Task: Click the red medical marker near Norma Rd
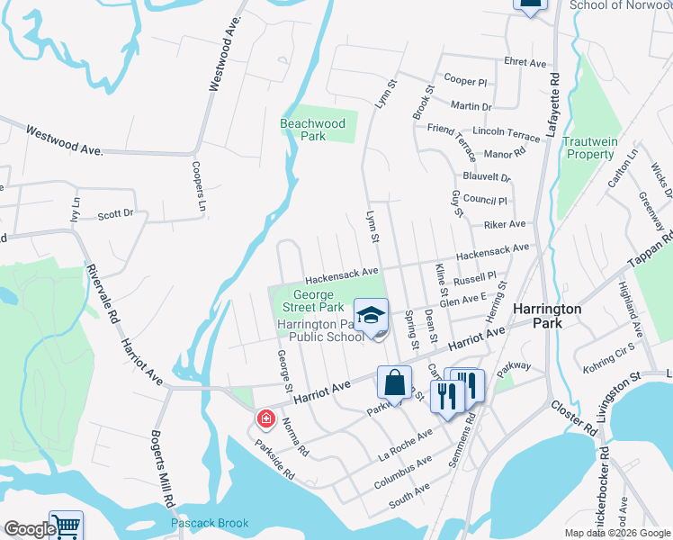pyautogui.click(x=265, y=418)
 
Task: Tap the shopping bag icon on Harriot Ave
pyautogui.click(x=394, y=382)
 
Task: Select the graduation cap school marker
pyautogui.click(x=370, y=316)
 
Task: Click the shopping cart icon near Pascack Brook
pyautogui.click(x=66, y=526)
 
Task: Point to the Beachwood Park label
pyautogui.click(x=313, y=130)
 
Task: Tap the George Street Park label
pyautogui.click(x=313, y=301)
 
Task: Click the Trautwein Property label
pyautogui.click(x=589, y=148)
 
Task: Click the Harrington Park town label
pyautogui.click(x=547, y=315)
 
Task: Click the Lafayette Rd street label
pyautogui.click(x=555, y=106)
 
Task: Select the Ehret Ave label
pyautogui.click(x=525, y=63)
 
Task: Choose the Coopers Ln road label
pyautogui.click(x=198, y=188)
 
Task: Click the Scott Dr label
pyautogui.click(x=115, y=214)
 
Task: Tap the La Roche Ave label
pyautogui.click(x=406, y=444)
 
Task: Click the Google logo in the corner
pyautogui.click(x=29, y=528)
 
